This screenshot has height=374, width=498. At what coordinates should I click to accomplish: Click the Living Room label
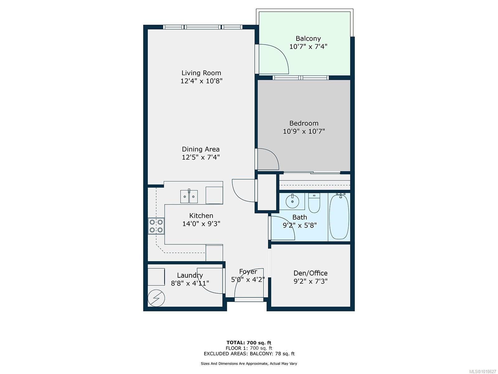tap(201, 73)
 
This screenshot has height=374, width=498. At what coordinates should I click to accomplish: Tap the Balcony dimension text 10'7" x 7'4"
tap(308, 46)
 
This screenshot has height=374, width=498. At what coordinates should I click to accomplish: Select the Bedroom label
tap(304, 123)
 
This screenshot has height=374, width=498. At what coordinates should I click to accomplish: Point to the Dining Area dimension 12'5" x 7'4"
tap(201, 157)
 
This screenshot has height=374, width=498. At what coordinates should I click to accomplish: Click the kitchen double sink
tap(189, 196)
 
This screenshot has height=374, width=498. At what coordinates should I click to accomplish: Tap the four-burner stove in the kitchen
tap(156, 226)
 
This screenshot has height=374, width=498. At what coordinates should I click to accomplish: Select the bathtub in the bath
tap(339, 217)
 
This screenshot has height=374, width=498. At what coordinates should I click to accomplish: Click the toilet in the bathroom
tap(314, 203)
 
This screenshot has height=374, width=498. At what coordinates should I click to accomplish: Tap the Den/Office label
tap(310, 273)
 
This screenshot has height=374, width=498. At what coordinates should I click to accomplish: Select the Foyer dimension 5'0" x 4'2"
tap(248, 280)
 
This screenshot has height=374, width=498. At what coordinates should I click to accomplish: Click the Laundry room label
tap(190, 275)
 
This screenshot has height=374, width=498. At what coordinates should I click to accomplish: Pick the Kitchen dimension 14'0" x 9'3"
tap(201, 224)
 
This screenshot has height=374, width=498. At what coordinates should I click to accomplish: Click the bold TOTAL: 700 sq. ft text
tap(249, 343)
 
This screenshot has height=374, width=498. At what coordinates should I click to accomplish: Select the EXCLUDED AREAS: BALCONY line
tap(249, 353)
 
